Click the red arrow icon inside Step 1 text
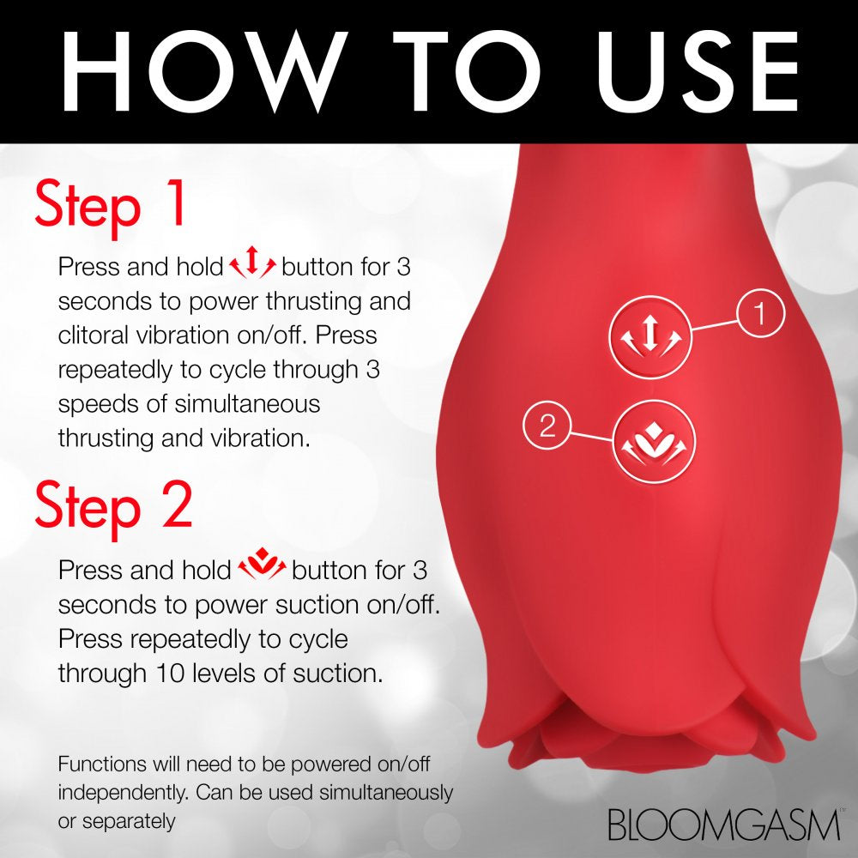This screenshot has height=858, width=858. [252, 267]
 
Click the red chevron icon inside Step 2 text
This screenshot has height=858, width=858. [262, 569]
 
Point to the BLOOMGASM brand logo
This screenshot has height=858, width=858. [723, 825]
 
